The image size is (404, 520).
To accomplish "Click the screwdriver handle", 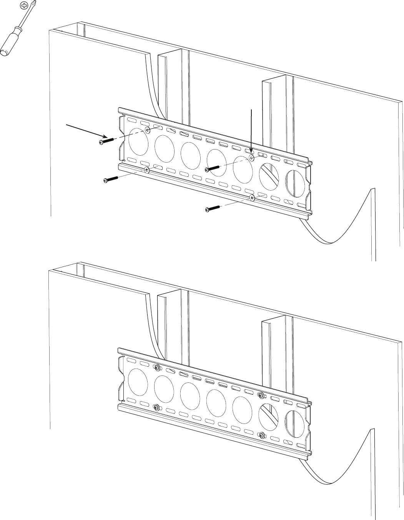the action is pyautogui.click(x=12, y=42).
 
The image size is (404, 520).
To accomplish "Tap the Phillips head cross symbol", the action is pyautogui.click(x=25, y=5).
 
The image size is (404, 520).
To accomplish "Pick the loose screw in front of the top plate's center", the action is pyautogui.click(x=213, y=168).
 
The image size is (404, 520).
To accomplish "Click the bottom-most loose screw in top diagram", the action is pyautogui.click(x=213, y=208).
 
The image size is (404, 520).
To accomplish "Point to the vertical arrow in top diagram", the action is pyautogui.click(x=251, y=131).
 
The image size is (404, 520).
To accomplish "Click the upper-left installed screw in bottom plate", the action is pyautogui.click(x=157, y=368).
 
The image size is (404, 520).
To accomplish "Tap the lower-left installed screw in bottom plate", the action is pyautogui.click(x=156, y=407).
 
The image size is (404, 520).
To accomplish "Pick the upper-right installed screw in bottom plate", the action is pyautogui.click(x=261, y=395).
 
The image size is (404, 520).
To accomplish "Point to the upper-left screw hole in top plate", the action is pyautogui.click(x=148, y=130).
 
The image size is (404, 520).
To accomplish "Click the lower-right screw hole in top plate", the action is pyautogui.click(x=252, y=198).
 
